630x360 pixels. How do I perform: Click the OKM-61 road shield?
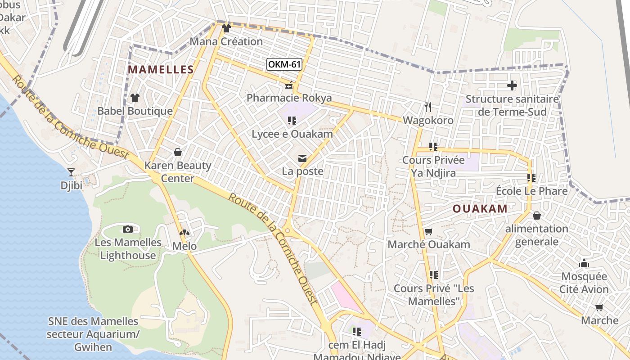point(284,64)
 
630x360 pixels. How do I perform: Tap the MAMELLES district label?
point(161,70)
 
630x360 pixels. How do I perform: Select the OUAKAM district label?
point(480,209)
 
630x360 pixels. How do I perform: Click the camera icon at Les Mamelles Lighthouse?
point(128,229)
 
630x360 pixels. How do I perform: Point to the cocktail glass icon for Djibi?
point(71,172)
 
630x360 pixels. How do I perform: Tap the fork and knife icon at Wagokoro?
point(428,107)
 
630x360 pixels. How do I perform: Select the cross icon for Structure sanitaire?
point(512,85)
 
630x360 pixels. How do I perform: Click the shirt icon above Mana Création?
point(226,28)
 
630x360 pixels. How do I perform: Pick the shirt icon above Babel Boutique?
point(135,97)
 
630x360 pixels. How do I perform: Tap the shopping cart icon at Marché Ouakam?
point(428,232)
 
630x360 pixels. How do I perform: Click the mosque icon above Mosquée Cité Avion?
point(584,263)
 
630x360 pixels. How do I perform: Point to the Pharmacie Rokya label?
point(289,98)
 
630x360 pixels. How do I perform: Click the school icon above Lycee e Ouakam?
point(292,121)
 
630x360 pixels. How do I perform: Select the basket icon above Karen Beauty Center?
point(178,152)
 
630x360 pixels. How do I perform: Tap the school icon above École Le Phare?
point(531,178)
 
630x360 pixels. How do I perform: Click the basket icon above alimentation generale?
point(536,216)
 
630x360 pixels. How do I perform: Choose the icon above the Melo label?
point(184,233)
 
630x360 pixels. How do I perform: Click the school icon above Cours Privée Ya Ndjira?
point(433,147)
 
